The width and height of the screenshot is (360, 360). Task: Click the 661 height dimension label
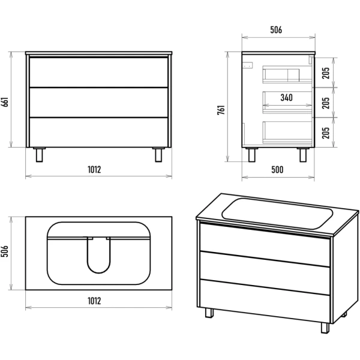(x=5, y=102)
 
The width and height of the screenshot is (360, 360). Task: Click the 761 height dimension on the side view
(x=221, y=110)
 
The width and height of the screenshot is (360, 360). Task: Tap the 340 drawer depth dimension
(x=287, y=98)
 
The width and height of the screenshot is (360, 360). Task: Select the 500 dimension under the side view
(x=277, y=170)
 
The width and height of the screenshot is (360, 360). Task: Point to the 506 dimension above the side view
(x=276, y=30)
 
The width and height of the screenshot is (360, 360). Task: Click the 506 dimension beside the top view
(x=5, y=251)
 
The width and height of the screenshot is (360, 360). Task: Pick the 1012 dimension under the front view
(x=94, y=169)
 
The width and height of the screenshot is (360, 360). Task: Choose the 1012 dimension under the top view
(x=94, y=301)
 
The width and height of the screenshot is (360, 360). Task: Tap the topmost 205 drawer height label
(x=326, y=73)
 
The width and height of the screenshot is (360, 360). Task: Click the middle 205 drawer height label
(x=326, y=103)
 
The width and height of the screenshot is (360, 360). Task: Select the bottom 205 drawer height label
(x=326, y=133)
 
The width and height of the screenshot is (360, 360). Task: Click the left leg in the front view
(x=39, y=155)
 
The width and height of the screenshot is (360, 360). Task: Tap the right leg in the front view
(x=158, y=155)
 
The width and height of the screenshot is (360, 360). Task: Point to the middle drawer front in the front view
(x=98, y=103)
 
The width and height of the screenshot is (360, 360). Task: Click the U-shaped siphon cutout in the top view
(x=99, y=256)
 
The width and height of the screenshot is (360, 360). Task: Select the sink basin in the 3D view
(x=277, y=214)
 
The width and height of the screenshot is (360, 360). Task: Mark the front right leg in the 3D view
(x=325, y=328)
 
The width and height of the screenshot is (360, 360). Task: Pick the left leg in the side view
(x=252, y=155)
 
